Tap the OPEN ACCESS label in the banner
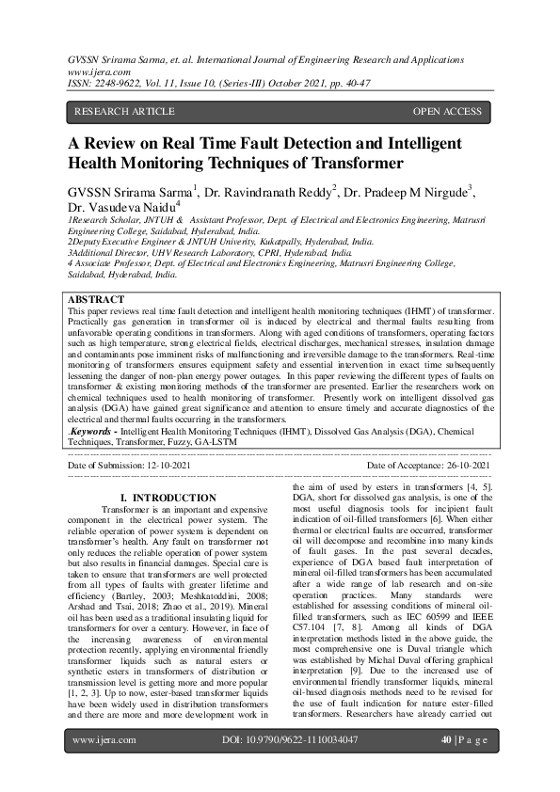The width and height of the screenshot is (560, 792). pyautogui.click(x=447, y=111)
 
